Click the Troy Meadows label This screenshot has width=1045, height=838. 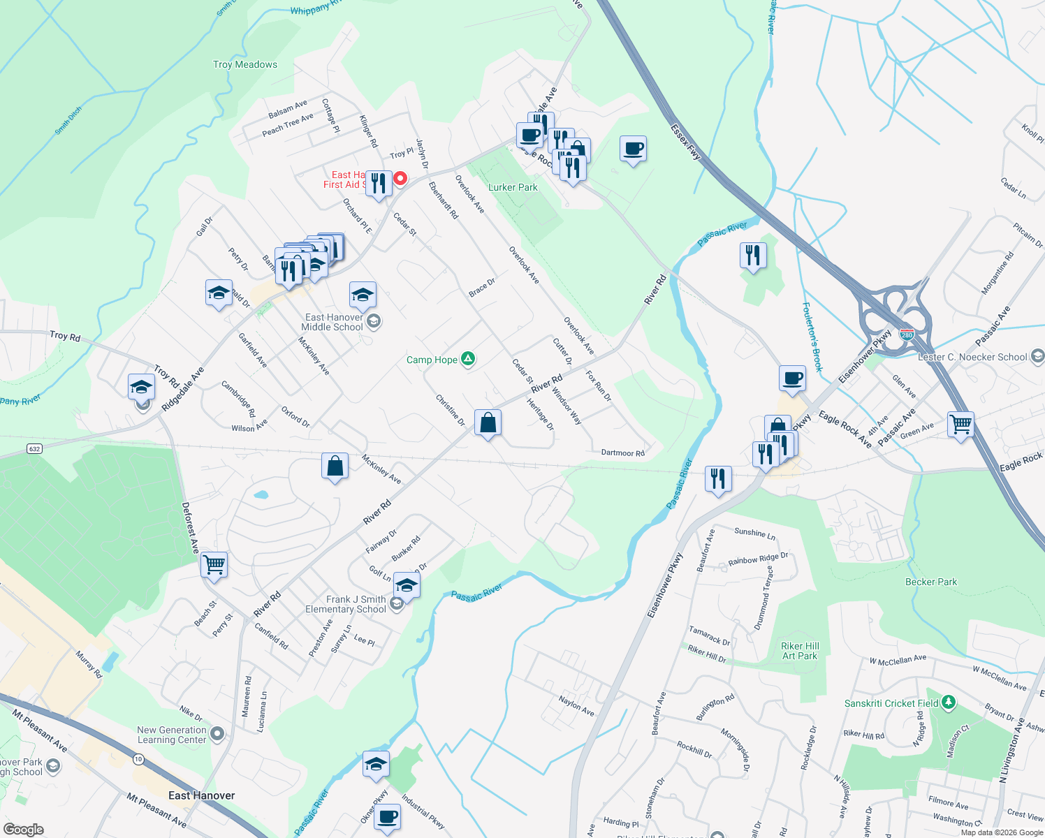click(x=245, y=64)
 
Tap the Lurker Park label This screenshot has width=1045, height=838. click(x=513, y=187)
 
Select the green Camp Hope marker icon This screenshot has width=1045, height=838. click(x=468, y=359)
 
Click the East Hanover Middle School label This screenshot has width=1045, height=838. click(x=332, y=322)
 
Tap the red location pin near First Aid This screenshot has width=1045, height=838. click(x=400, y=178)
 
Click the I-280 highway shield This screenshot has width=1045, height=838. click(x=907, y=335)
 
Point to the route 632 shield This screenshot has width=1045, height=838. click(x=34, y=448)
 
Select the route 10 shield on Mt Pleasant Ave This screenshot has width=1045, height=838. click(x=138, y=759)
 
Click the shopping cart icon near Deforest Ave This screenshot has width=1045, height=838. click(x=214, y=564)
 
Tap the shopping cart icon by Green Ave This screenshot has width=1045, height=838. click(x=960, y=423)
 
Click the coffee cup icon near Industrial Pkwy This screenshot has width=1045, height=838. click(x=387, y=816)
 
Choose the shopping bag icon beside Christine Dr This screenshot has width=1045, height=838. click(x=488, y=423)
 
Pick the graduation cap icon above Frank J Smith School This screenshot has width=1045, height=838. click(x=406, y=585)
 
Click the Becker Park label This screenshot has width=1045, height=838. click(x=930, y=582)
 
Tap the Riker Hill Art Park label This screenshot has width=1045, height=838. click(x=800, y=651)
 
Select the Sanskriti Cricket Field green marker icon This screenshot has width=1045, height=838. click(x=948, y=702)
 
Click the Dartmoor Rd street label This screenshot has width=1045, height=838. click(x=622, y=453)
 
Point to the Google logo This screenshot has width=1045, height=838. click(x=23, y=830)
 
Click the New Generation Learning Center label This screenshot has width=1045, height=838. click(x=172, y=735)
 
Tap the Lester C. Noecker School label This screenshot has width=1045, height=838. click(x=972, y=357)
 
